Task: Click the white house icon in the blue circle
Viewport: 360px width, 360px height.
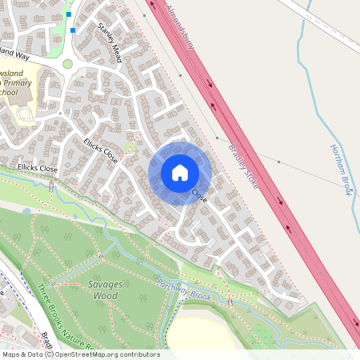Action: (180, 173)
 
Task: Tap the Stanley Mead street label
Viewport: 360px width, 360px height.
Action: (110, 42)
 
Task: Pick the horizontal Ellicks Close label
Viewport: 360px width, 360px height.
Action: (38, 170)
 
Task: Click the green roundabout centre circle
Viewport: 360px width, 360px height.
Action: (68, 64)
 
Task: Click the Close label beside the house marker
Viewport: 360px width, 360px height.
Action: (199, 195)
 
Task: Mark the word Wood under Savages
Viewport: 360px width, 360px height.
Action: (105, 296)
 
